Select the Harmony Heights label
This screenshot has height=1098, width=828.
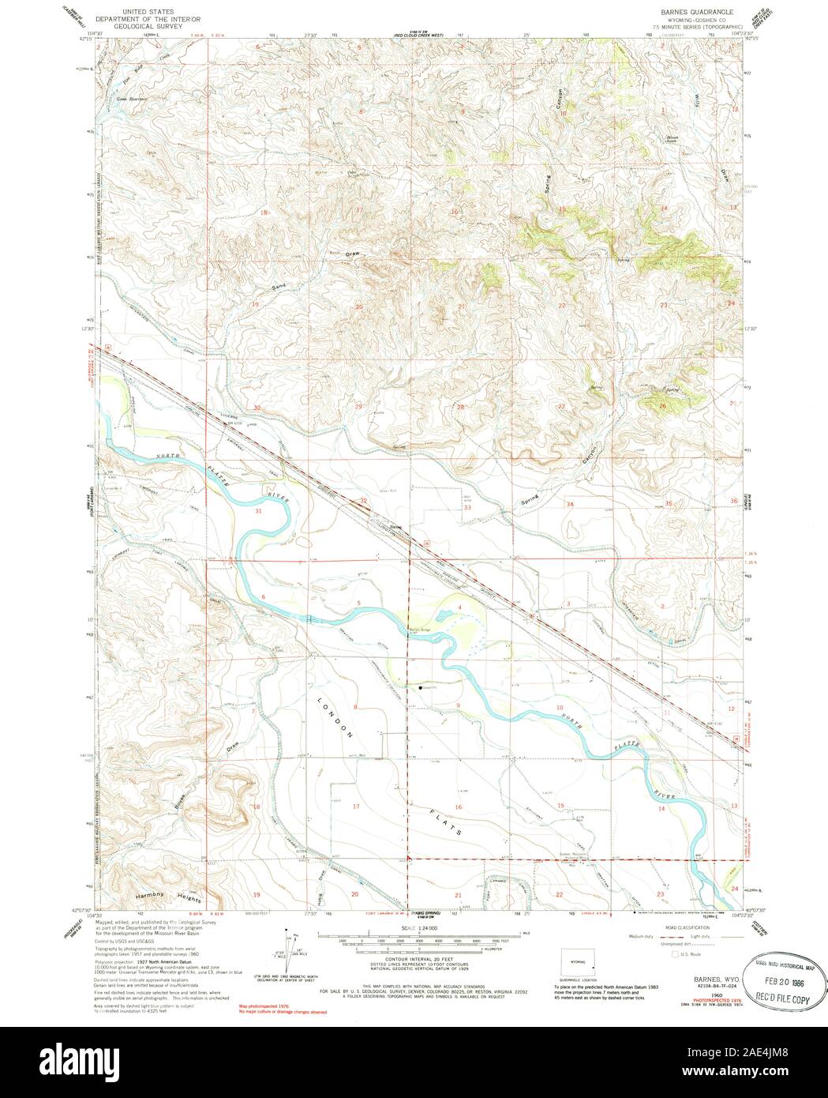tap(167, 897)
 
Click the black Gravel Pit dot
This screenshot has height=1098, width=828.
tap(420, 688)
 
